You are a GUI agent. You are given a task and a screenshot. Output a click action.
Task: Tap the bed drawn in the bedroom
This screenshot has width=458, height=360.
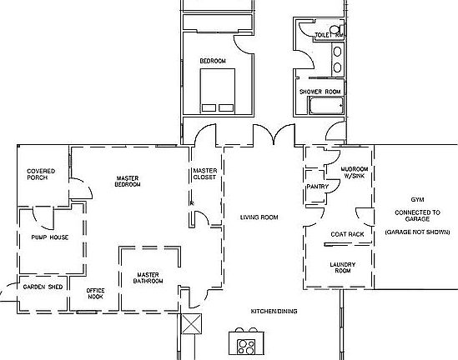tap(219, 90)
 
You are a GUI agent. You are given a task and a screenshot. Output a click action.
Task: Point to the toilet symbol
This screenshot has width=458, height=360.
tap(335, 31)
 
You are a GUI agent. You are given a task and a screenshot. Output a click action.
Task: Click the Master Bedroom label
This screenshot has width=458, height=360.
tap(128, 181)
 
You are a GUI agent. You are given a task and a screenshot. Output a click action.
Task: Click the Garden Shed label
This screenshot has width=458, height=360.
tap(43, 287)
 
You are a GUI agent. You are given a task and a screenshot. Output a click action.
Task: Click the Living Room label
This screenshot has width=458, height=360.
tap(259, 217)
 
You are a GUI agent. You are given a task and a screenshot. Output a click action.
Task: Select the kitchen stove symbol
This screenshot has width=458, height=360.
tap(247, 342)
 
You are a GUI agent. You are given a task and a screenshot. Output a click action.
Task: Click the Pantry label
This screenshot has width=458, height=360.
tap(318, 187)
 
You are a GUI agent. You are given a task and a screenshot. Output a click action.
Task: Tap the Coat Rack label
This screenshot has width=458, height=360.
tap(348, 235)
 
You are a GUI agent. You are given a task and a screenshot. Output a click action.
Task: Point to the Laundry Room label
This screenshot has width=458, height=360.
tap(345, 267)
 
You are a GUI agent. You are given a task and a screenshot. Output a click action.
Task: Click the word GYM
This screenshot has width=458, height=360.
tap(417, 201)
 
